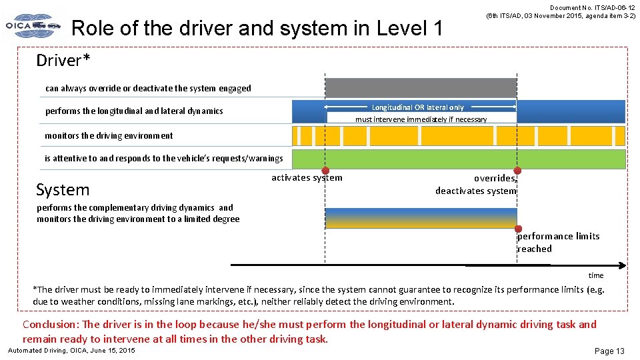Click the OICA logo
pyautogui.click(x=33, y=26)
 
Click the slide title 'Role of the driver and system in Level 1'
pyautogui.click(x=257, y=28)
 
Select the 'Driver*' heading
pyautogui.click(x=63, y=61)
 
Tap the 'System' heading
pyautogui.click(x=63, y=190)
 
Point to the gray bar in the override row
pyautogui.click(x=420, y=87)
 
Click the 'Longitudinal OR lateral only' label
pyautogui.click(x=418, y=107)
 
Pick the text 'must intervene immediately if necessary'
pyautogui.click(x=421, y=119)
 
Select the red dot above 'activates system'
pyautogui.click(x=325, y=171)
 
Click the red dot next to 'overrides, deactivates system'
pyautogui.click(x=517, y=171)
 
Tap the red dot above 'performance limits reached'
pyautogui.click(x=517, y=229)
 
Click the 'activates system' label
pyautogui.click(x=307, y=178)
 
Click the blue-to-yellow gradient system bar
pyautogui.click(x=421, y=218)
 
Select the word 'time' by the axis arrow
pyautogui.click(x=595, y=275)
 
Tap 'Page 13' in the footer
pyautogui.click(x=609, y=351)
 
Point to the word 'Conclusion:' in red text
pyautogui.click(x=51, y=325)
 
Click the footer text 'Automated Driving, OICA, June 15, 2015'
pyautogui.click(x=71, y=351)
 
